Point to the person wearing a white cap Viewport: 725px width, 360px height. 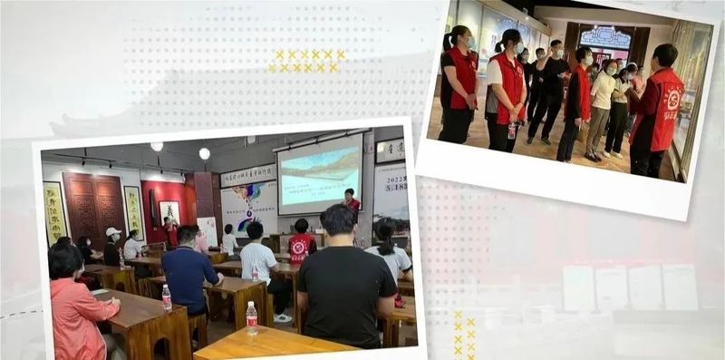[x=111, y=246]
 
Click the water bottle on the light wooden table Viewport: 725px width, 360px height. [x=251, y=316]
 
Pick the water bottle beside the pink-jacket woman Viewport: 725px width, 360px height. [x=167, y=297]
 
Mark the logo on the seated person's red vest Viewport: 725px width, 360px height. [x=299, y=246]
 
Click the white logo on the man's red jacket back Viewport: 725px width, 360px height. [x=672, y=99]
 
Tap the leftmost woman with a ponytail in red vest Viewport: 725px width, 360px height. [x=458, y=86]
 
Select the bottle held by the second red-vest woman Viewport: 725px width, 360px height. [x=512, y=131]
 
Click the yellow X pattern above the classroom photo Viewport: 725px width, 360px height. [x=307, y=61]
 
